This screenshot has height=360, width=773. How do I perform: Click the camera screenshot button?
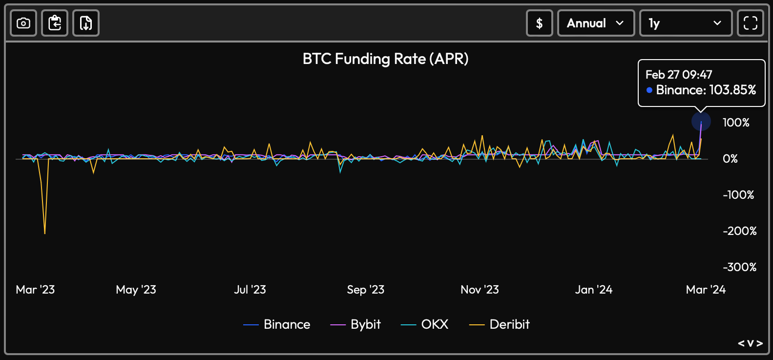point(23,23)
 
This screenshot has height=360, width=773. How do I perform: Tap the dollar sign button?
point(539,23)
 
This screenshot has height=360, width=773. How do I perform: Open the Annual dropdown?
point(596,23)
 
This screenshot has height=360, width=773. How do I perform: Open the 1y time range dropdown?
point(685,23)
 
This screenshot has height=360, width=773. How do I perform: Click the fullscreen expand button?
point(750,23)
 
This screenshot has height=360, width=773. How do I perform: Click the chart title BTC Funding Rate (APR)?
point(385,59)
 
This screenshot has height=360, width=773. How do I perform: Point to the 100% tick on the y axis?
point(736,123)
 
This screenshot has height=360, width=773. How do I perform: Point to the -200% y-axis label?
point(739,231)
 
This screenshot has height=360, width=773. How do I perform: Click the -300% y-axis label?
point(739,267)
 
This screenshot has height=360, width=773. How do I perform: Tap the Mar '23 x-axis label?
point(35,290)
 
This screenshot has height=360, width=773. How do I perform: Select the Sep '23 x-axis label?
point(365,290)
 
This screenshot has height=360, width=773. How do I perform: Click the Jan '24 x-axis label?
point(593,290)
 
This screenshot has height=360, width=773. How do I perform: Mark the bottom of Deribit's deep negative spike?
point(45,233)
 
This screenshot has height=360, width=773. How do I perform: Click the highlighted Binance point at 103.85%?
point(701,121)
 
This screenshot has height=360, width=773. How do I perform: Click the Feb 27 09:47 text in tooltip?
point(679,75)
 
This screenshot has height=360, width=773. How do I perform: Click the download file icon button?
point(86,23)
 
